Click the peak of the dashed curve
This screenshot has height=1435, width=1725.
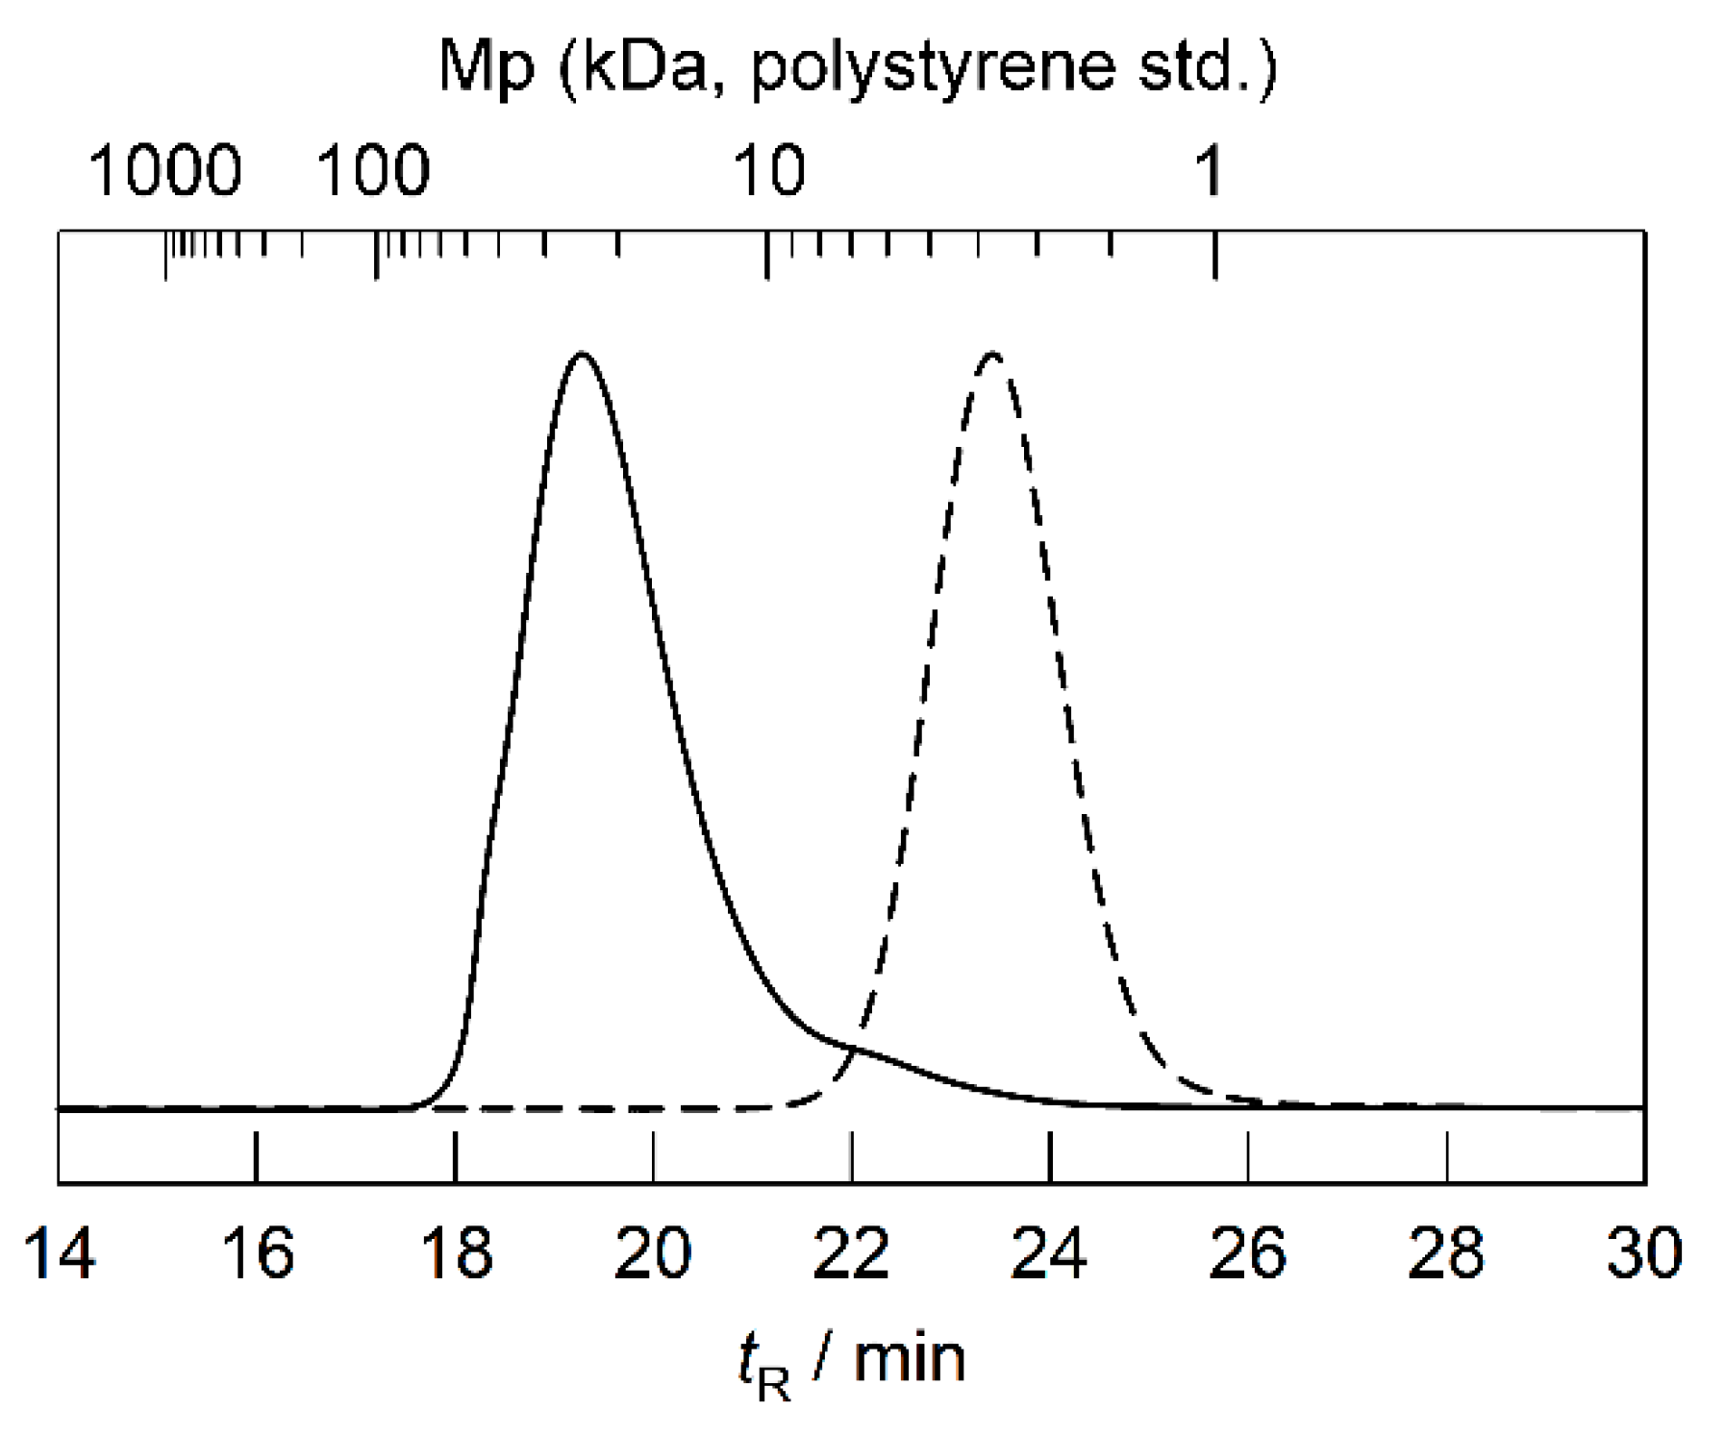993,355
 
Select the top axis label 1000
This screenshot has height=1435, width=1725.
165,170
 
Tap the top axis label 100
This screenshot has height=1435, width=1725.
373,170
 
